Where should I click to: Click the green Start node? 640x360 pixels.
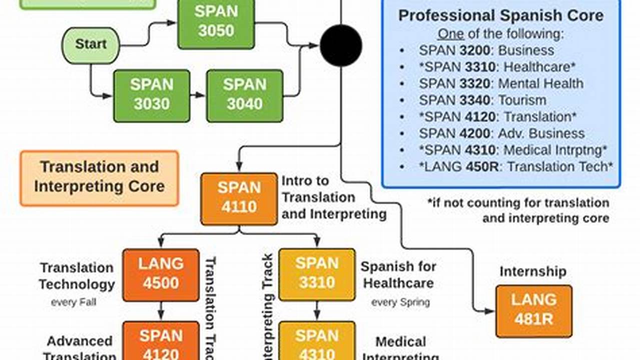91,45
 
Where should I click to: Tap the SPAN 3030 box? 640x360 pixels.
152,95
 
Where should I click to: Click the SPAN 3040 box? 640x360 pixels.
244,95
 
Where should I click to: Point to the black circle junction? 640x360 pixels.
341,45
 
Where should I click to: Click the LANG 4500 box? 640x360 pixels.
161,274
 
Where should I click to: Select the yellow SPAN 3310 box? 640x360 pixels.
317,274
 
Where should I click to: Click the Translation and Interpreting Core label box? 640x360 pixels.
99,177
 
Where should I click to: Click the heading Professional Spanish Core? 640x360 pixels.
500,15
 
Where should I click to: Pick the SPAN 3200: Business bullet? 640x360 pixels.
486,50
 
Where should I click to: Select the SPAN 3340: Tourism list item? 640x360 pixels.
482,100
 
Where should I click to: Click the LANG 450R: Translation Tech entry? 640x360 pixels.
515,166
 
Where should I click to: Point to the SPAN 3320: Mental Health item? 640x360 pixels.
500,83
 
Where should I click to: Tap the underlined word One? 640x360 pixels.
450,34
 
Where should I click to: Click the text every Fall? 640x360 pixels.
73,302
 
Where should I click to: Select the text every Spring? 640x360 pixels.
400,302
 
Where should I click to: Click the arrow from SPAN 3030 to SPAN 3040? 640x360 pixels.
199,95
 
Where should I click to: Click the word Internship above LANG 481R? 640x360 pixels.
533,271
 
